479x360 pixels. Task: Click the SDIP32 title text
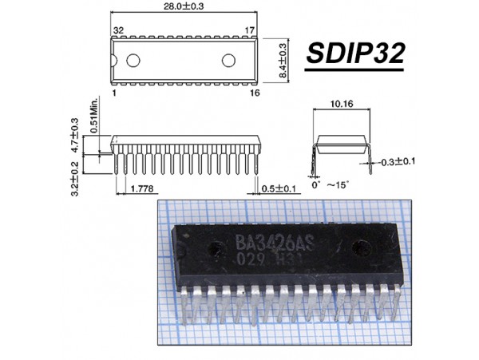coord(356,54)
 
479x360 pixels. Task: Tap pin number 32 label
coord(118,30)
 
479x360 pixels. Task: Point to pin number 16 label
coord(255,93)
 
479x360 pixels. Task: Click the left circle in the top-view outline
coord(133,61)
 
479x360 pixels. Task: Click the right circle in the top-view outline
coord(229,61)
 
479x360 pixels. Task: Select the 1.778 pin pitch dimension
coord(142,188)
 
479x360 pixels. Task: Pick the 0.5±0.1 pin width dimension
coord(279,188)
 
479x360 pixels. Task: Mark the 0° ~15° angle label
coord(329,185)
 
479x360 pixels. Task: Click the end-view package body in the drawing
coord(342,144)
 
